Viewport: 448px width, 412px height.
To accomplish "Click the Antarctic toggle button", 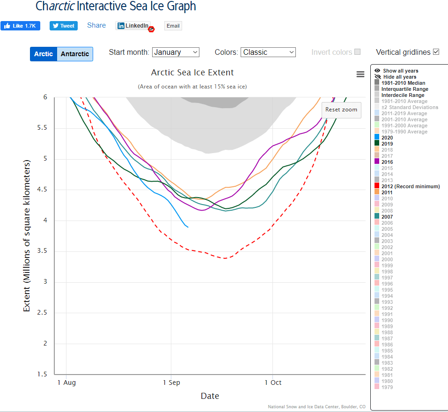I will click(75, 54).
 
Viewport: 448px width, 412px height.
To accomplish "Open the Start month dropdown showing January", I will click(176, 52).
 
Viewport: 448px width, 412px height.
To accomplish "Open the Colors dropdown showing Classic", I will click(268, 52).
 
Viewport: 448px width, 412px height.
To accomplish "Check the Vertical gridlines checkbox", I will click(436, 52).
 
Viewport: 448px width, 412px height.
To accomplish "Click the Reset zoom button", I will click(341, 110).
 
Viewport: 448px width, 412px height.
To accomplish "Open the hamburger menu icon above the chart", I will click(360, 74).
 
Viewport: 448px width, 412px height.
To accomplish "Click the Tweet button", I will click(64, 26).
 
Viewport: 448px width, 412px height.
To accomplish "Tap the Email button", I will click(173, 26).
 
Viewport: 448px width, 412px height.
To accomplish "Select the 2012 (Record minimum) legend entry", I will click(411, 186).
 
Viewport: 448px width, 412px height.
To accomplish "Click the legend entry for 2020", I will click(387, 138).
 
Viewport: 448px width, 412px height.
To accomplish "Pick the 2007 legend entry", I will click(387, 217).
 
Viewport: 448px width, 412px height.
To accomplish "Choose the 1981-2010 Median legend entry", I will click(403, 83).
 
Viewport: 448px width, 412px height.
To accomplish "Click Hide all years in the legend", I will click(399, 77).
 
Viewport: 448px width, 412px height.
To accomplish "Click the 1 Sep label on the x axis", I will click(171, 383).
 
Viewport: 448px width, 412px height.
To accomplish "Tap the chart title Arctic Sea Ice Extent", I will click(192, 73).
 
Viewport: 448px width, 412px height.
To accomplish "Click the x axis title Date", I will click(210, 396).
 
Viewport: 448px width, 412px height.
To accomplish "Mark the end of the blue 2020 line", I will click(188, 227).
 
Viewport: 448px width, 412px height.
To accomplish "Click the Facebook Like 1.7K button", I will click(20, 26).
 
